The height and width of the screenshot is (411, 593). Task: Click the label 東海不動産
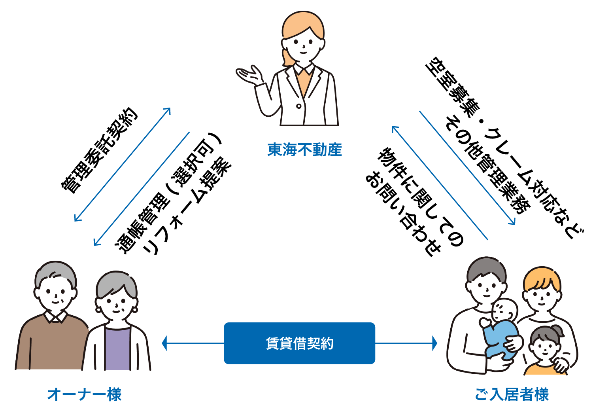[304, 150]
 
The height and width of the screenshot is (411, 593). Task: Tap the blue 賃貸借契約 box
[299, 343]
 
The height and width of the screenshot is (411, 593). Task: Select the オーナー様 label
[84, 394]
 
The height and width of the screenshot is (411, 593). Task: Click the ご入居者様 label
[512, 394]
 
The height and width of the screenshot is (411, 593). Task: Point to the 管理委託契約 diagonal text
[99, 151]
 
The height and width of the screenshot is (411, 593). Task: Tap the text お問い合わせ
[403, 214]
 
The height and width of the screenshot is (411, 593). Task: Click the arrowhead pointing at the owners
[164, 343]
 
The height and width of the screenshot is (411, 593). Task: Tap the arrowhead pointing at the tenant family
[435, 343]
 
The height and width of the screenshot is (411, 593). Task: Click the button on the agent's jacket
[298, 106]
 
